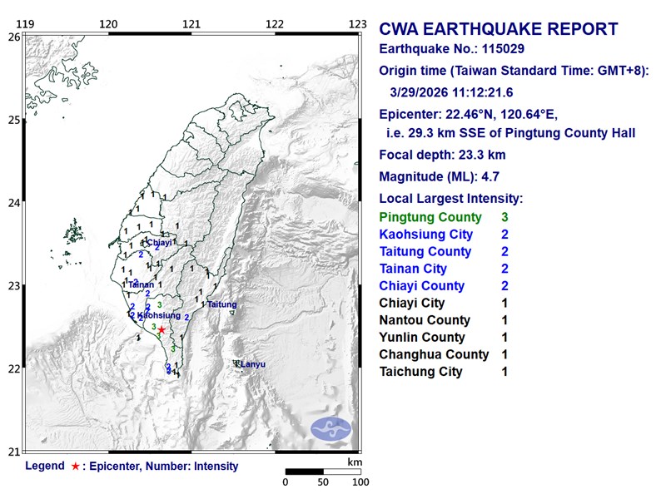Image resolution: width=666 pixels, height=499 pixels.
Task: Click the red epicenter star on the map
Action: coord(162,330)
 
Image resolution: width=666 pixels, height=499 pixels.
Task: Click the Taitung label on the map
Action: coord(221,305)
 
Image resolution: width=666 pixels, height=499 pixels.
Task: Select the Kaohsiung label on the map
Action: coord(158,316)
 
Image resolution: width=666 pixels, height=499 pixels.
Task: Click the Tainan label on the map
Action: coord(141,284)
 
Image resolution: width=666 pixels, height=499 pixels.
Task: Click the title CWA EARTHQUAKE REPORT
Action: coord(499,30)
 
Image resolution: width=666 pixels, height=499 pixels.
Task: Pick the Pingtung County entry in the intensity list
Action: coord(430,217)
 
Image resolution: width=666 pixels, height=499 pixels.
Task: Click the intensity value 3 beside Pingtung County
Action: coord(505,217)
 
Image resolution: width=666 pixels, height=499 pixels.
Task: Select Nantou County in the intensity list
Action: coord(424,320)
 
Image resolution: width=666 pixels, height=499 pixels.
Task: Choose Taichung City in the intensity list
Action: coord(420,372)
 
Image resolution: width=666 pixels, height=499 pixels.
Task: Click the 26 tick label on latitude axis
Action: coord(13,37)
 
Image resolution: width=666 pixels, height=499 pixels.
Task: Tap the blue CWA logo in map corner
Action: coord(331,430)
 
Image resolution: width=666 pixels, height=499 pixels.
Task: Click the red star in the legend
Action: coord(76,467)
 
